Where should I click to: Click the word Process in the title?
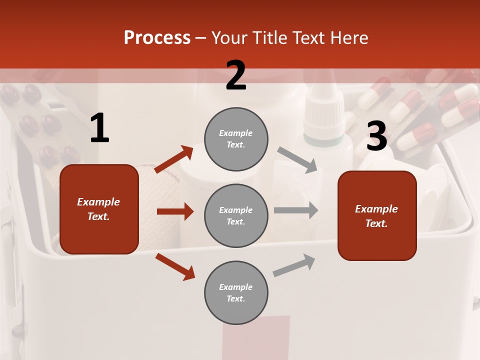(x=157, y=37)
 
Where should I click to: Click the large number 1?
(x=99, y=128)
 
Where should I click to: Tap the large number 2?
(x=236, y=75)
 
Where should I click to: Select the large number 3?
(x=376, y=137)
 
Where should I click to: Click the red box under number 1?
(x=99, y=209)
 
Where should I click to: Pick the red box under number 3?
(x=377, y=216)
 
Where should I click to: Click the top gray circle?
(x=236, y=139)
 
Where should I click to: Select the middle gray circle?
(x=236, y=215)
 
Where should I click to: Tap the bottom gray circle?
(x=236, y=292)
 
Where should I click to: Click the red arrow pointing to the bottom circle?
(x=175, y=267)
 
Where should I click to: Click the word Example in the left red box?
(x=98, y=202)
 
